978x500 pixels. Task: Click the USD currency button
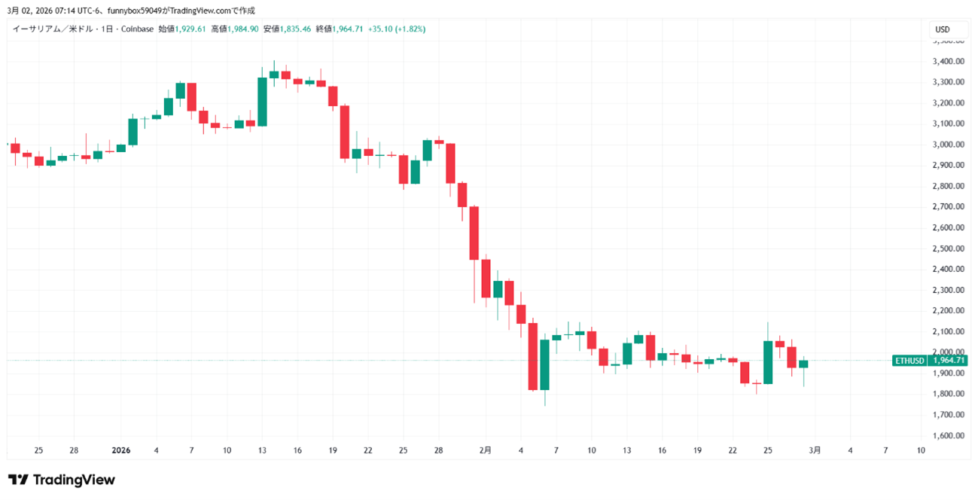tap(942, 29)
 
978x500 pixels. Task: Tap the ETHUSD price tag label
tap(909, 361)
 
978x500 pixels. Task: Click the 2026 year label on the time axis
tap(120, 450)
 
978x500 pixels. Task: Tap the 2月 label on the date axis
tap(486, 450)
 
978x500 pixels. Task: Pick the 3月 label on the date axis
tap(815, 450)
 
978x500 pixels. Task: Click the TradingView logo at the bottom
tap(62, 480)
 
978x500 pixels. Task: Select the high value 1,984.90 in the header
tap(242, 29)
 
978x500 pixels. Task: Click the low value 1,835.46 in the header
tap(295, 29)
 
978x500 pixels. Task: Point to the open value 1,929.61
tap(190, 29)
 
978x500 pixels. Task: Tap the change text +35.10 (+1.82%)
tap(397, 29)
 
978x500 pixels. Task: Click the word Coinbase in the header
tap(137, 29)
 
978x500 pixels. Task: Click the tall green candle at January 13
tap(262, 101)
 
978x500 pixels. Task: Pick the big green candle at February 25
tap(768, 362)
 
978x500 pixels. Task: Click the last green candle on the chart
tap(803, 364)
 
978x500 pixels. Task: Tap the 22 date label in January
tap(367, 450)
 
